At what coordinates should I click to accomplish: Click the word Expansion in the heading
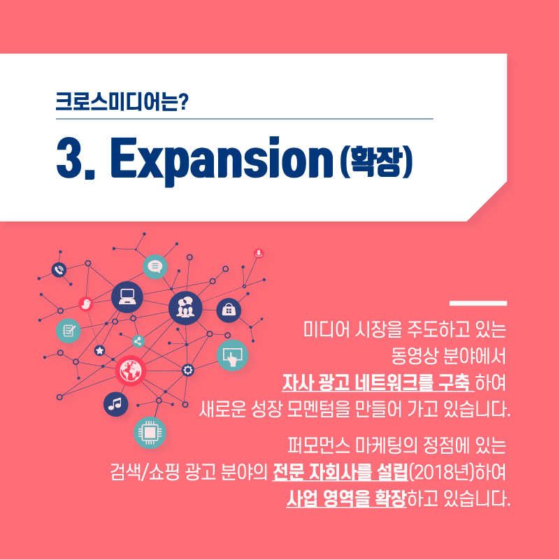pos(222,159)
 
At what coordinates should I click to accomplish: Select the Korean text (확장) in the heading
pos(376,161)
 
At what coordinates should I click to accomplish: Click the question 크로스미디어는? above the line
pos(122,102)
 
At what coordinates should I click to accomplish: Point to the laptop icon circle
pos(127,297)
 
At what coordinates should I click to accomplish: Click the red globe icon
pos(130,371)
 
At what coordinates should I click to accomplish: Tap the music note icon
pos(116,404)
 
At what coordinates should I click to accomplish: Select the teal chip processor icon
pos(150,433)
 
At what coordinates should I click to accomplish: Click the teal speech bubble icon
pos(155,266)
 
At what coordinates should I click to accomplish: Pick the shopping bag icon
pos(229,310)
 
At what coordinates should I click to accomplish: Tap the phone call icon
pos(59,270)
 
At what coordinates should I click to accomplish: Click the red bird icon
pos(86,304)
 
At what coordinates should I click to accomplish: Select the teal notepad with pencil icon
pos(69,331)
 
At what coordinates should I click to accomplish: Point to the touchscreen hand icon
pos(233,355)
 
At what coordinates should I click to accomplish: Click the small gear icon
pos(188,370)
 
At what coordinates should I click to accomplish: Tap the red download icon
pos(259,253)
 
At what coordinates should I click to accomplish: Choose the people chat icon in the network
pos(185,308)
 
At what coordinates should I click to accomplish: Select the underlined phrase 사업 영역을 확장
pos(347,498)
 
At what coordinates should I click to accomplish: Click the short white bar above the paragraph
pos(478,303)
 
